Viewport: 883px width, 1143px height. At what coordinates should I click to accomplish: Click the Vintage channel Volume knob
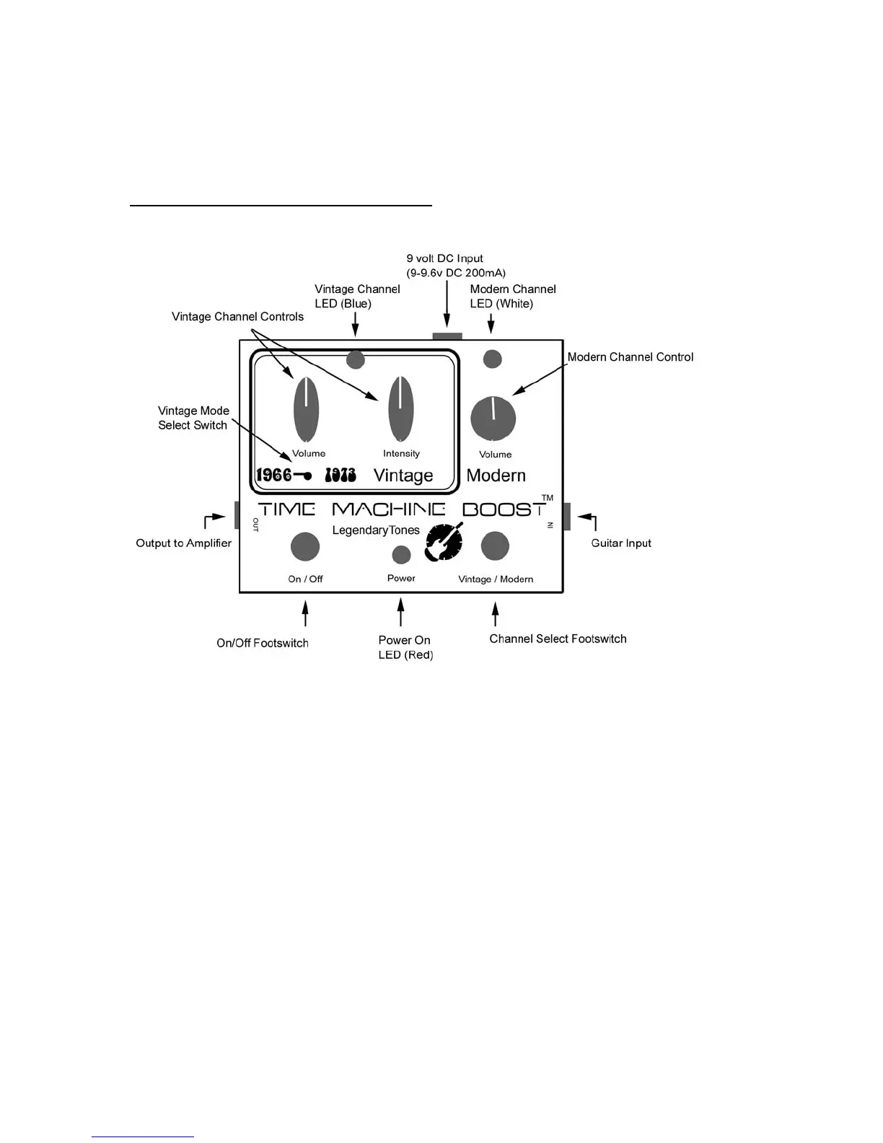coord(307,409)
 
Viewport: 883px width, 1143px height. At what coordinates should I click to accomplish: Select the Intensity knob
coord(401,409)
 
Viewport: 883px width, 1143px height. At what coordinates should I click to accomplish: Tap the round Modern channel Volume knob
coord(493,419)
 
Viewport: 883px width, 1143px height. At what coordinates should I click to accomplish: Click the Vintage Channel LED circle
coord(355,359)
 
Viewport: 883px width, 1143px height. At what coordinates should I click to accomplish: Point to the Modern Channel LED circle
coord(492,358)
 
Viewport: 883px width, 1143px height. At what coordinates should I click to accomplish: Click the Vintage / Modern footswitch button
coord(495,546)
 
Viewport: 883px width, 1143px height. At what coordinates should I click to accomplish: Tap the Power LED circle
coord(401,554)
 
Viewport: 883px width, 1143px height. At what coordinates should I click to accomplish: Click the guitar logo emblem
coord(444,542)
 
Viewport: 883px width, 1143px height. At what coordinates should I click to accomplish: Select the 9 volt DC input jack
coord(447,336)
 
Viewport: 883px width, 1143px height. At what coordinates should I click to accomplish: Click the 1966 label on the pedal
coord(274,475)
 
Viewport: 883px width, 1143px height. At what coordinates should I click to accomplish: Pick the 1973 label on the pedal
coord(341,475)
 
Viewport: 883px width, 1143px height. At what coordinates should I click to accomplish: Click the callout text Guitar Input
coord(621,543)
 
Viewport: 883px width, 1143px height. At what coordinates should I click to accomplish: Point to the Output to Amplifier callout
coord(184,543)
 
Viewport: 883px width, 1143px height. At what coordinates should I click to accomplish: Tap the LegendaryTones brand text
coord(376,530)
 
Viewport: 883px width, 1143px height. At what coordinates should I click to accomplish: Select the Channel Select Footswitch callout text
coord(558,639)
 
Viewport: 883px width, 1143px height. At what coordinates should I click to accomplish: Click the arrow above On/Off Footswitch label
coord(305,614)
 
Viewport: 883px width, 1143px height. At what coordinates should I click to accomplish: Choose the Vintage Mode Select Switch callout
coord(193,418)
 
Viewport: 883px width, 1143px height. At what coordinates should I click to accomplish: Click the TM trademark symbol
coord(548,498)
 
